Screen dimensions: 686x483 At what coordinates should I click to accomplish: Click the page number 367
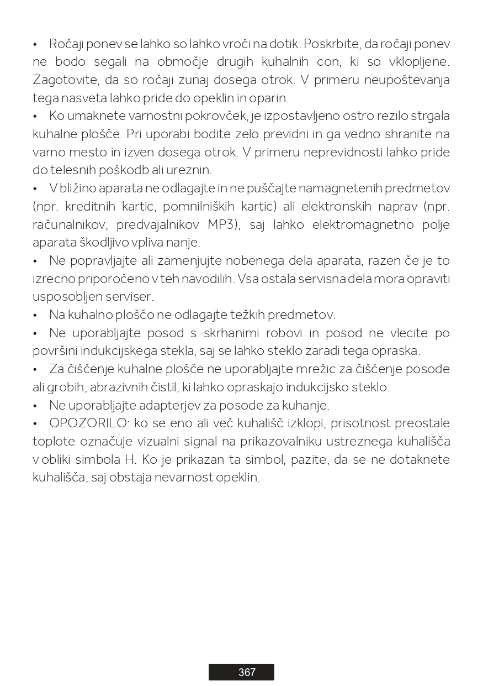coord(247,672)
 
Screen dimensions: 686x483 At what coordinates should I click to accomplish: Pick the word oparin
coord(269,98)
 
